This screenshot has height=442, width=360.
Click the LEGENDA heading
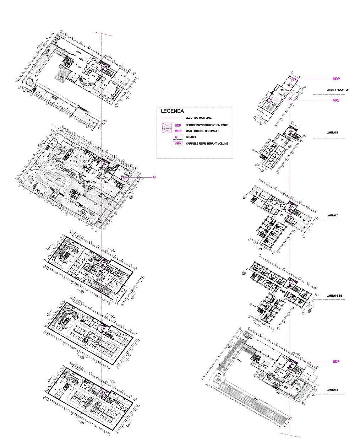pos(172,111)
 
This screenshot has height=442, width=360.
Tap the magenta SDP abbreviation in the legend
pos(178,125)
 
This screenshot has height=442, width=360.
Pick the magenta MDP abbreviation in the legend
pos(178,131)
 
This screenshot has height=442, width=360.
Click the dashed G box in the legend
pos(177,137)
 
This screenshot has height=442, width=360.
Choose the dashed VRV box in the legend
pos(178,144)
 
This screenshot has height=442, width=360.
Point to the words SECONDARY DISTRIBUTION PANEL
pos(207,125)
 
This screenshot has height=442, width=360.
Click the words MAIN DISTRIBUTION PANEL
pos(202,131)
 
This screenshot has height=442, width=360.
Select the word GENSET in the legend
pos(191,137)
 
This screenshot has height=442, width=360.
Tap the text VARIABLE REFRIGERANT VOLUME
pos(207,144)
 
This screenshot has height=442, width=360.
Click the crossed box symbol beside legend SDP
pos(167,125)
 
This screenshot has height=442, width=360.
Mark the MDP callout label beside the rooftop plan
pos(336,79)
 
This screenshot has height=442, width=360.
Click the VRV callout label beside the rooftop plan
pos(336,101)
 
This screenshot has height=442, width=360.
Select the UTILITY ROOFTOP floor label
pos(338,90)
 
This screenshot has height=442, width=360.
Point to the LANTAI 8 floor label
pos(332,133)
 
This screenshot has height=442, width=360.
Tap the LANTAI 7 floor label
pos(332,216)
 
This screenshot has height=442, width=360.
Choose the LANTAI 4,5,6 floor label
pos(334,295)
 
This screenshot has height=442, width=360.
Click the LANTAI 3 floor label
pos(332,390)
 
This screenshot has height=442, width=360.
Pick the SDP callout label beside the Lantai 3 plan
pos(336,362)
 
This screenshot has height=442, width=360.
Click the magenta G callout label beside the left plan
pos(154,177)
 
